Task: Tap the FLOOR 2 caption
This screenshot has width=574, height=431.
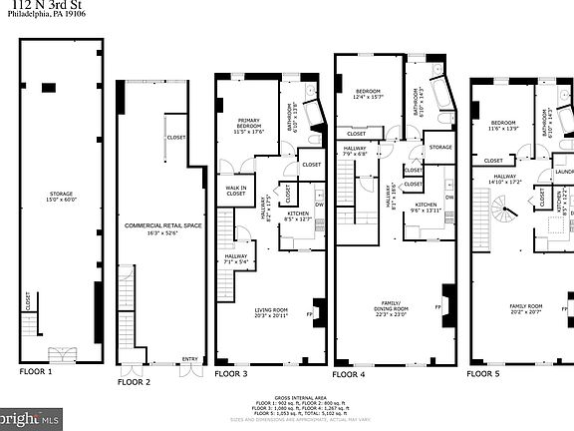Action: (134, 381)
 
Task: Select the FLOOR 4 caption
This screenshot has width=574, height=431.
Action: (348, 374)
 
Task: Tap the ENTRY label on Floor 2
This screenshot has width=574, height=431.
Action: (189, 360)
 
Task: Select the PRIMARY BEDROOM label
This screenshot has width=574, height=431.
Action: (248, 125)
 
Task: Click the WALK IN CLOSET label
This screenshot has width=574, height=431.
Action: (235, 190)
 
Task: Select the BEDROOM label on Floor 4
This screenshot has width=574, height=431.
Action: (370, 93)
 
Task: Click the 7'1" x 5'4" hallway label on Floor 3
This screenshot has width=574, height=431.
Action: (235, 258)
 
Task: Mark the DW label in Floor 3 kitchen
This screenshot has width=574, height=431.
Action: (319, 207)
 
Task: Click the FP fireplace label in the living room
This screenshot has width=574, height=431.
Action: (309, 316)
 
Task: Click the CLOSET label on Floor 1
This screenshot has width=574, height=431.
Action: (28, 299)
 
